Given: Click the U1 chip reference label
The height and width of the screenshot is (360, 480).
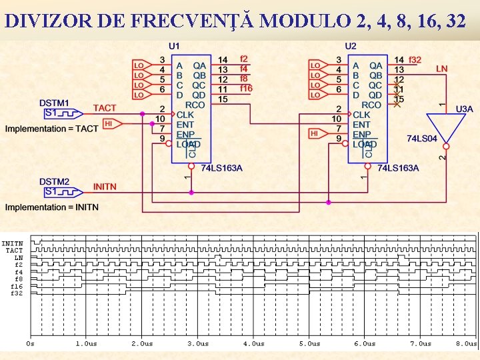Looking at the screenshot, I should click(174, 46).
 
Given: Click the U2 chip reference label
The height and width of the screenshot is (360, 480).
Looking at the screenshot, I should click(351, 46).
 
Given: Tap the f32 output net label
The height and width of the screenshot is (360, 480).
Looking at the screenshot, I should click(415, 60).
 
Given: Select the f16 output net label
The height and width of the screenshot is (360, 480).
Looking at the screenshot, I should click(246, 89).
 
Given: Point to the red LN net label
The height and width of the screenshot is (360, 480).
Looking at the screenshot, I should click(441, 69).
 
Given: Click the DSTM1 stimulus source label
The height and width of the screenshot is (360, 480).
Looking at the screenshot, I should click(54, 103).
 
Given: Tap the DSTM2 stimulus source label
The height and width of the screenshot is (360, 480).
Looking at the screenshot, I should click(54, 181).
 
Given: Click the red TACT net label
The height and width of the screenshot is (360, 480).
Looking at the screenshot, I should click(104, 108).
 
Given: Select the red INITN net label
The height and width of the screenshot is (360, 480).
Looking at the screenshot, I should click(105, 187).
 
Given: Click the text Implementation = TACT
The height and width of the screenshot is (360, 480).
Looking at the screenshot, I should click(51, 128).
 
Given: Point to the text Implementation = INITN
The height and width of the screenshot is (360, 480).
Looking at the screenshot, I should click(51, 207).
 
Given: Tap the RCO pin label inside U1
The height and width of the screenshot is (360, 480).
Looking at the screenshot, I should click(195, 105).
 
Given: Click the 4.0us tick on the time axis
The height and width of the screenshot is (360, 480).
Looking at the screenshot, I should click(253, 344).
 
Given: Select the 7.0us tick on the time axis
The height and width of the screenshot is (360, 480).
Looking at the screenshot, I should click(420, 344).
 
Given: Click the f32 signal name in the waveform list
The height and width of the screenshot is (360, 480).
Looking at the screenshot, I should click(17, 293).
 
